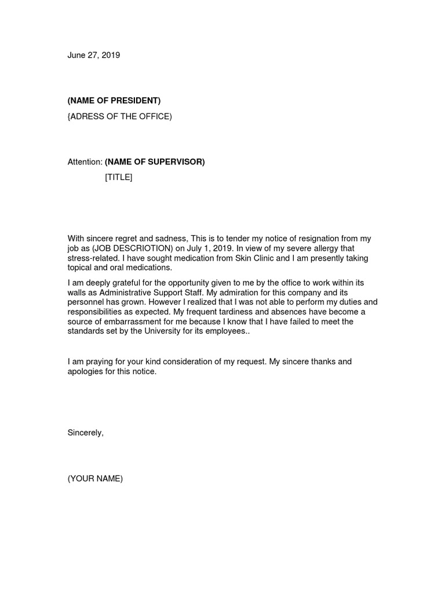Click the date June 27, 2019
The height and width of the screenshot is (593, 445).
pyautogui.click(x=94, y=56)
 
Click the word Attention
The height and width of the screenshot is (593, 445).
pyautogui.click(x=85, y=162)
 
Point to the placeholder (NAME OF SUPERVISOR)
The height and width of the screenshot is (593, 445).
pyautogui.click(x=155, y=162)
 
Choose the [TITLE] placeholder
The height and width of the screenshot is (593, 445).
pyautogui.click(x=119, y=177)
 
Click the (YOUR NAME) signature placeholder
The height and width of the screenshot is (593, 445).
pyautogui.click(x=96, y=478)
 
